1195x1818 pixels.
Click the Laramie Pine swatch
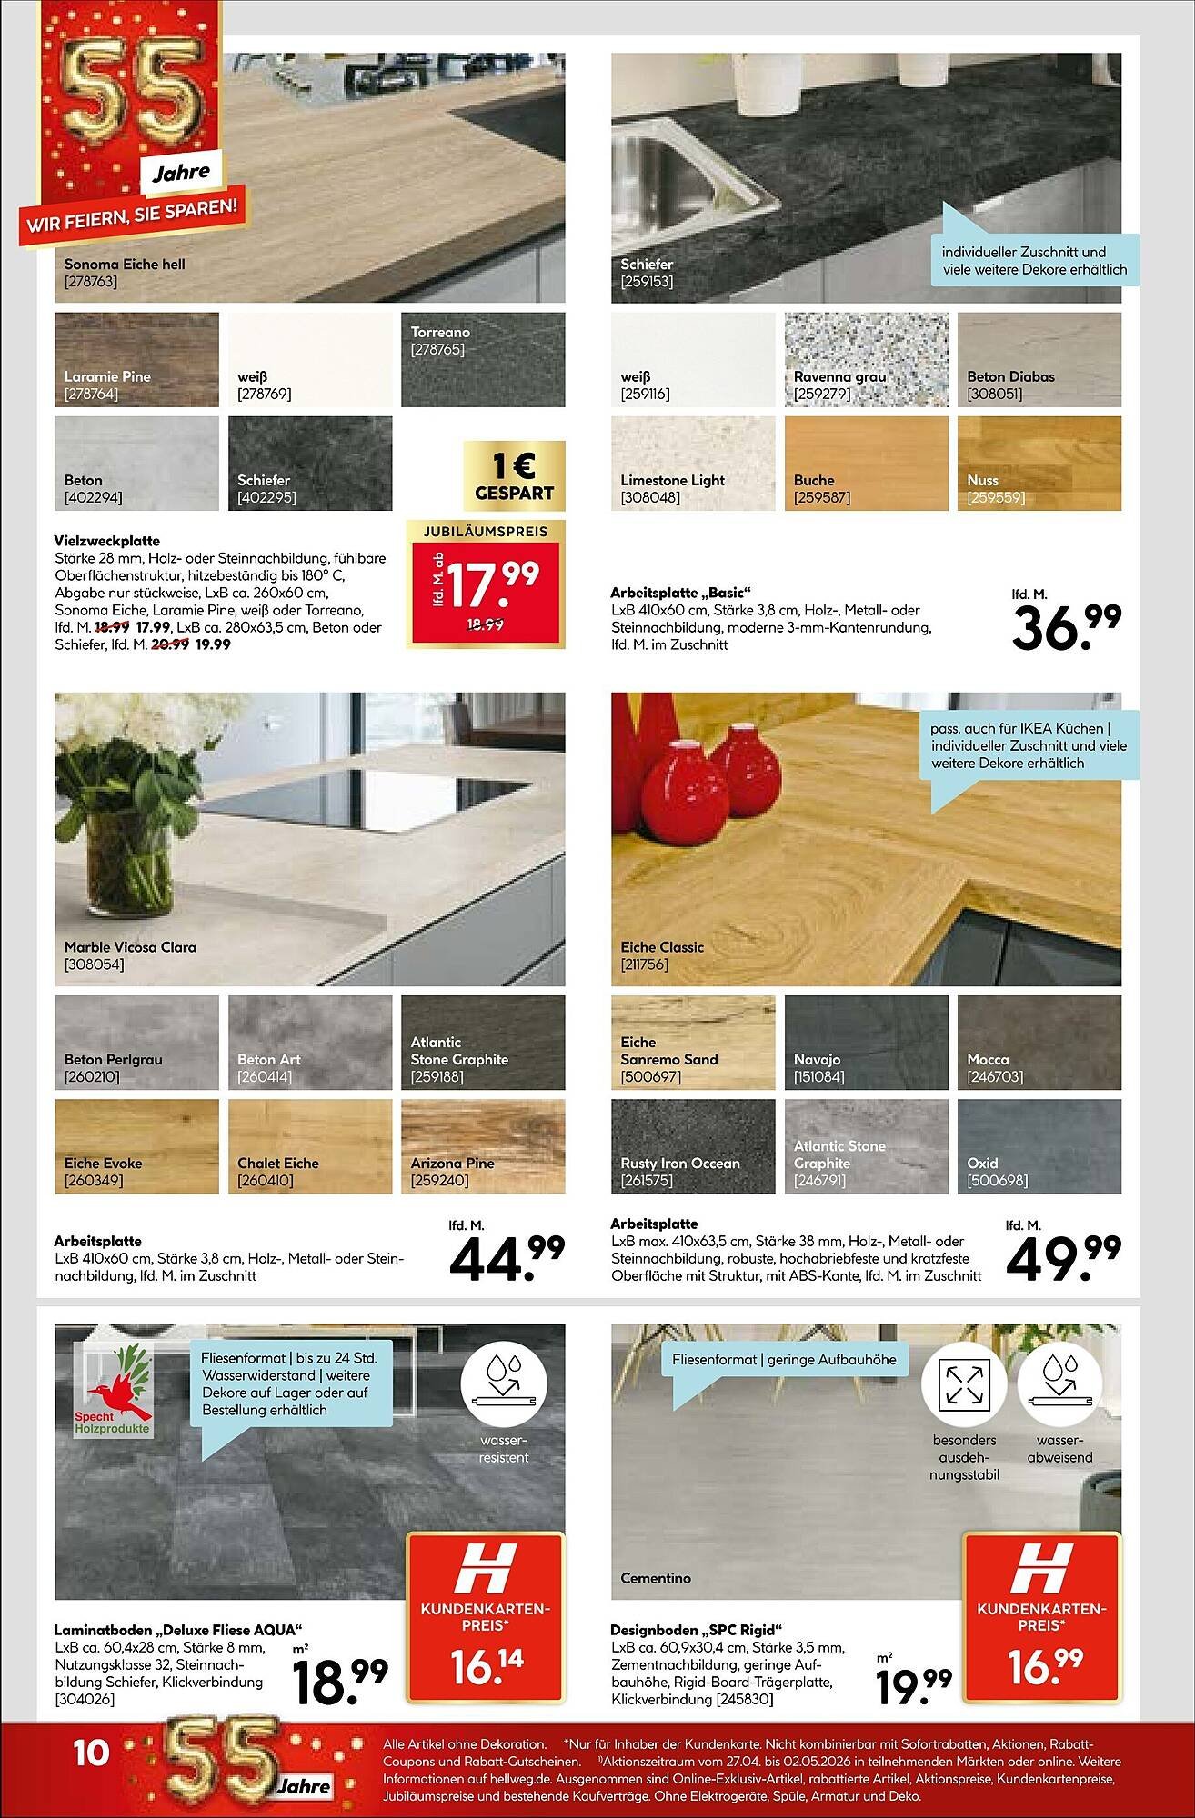tap(136, 359)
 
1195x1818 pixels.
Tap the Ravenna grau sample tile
tap(866, 359)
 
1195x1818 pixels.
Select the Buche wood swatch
tap(866, 463)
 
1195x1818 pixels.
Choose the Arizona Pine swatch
tap(483, 1145)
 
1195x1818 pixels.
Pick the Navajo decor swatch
tap(866, 1042)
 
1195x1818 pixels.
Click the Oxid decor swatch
tap(1039, 1145)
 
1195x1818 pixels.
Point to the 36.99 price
tap(1066, 627)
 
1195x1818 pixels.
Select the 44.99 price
tap(507, 1258)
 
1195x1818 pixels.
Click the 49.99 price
tap(1063, 1258)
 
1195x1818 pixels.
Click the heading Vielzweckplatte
tap(106, 541)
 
